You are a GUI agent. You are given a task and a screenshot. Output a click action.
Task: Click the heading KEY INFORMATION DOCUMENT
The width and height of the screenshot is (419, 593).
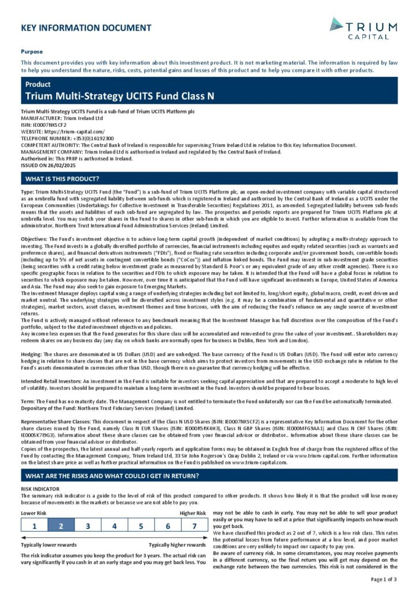click(86, 28)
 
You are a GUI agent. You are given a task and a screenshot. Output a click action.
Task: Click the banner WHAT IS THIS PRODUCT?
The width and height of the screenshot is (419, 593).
click(62, 178)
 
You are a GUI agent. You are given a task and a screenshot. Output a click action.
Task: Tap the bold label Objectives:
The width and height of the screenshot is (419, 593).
click(34, 239)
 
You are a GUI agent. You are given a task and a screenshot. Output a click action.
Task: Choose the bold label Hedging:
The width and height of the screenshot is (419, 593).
click(32, 353)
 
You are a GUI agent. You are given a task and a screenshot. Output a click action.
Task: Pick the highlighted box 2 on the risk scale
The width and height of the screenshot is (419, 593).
click(61, 526)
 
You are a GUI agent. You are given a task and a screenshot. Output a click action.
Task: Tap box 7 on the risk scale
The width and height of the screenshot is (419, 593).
click(194, 526)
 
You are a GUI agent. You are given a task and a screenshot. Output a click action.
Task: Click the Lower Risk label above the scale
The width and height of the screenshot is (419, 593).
click(34, 513)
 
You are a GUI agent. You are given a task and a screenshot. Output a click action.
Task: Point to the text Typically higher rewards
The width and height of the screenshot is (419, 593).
click(177, 545)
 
